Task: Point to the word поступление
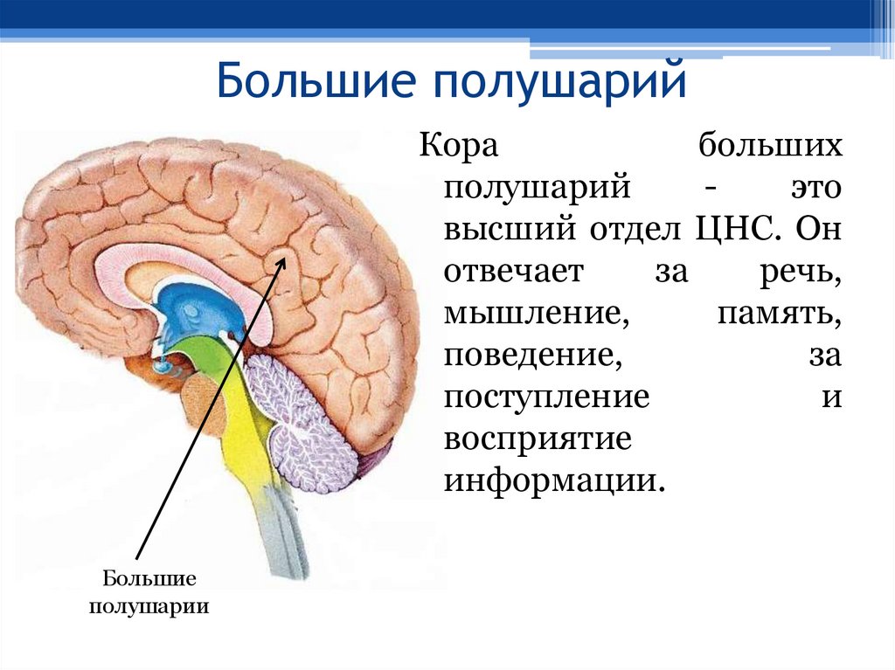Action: tap(546, 397)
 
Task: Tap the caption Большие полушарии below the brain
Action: tap(149, 591)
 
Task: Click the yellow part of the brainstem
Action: tap(245, 437)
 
